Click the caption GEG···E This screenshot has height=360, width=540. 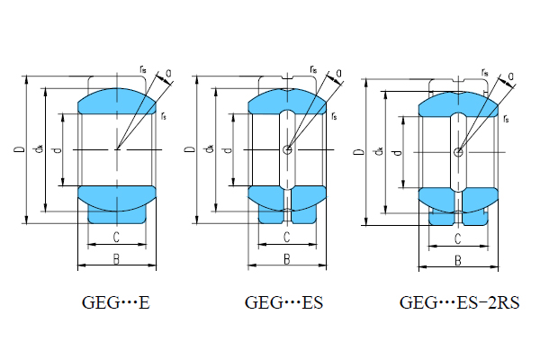(x=115, y=303)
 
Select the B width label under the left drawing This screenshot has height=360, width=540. (x=116, y=259)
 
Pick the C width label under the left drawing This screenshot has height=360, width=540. (x=116, y=237)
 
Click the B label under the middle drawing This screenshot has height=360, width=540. (x=286, y=259)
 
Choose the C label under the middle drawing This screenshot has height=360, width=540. (x=286, y=237)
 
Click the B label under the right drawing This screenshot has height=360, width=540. (x=457, y=261)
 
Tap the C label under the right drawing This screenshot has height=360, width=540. (x=457, y=238)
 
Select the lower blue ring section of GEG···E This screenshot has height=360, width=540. (x=116, y=195)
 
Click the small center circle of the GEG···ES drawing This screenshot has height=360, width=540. (x=286, y=149)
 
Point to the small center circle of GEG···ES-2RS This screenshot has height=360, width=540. (x=457, y=152)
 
